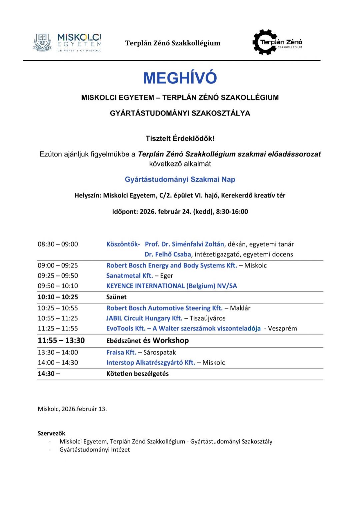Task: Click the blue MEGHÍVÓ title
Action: tap(180, 78)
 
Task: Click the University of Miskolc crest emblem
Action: tap(42, 42)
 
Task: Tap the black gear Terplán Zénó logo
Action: tap(265, 42)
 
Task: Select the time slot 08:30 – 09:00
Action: tap(58, 244)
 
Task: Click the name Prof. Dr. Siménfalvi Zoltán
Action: tap(184, 244)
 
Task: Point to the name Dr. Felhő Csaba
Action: tap(168, 254)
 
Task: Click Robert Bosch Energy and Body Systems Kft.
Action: tap(171, 266)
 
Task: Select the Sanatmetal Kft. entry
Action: tap(129, 276)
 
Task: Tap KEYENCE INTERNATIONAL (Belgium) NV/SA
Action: tap(171, 286)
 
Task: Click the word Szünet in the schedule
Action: tap(116, 297)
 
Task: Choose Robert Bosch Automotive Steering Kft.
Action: tap(164, 308)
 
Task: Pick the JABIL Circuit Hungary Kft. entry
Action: tap(144, 318)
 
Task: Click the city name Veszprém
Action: tap(282, 329)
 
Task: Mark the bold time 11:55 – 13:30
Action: tap(61, 341)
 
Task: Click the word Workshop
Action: tap(171, 341)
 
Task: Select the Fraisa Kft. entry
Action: tap(121, 353)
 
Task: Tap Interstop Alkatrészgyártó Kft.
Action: tap(150, 363)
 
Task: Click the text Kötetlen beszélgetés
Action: tap(137, 374)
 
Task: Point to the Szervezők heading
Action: tap(51, 433)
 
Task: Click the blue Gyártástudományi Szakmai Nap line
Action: tap(180, 179)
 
